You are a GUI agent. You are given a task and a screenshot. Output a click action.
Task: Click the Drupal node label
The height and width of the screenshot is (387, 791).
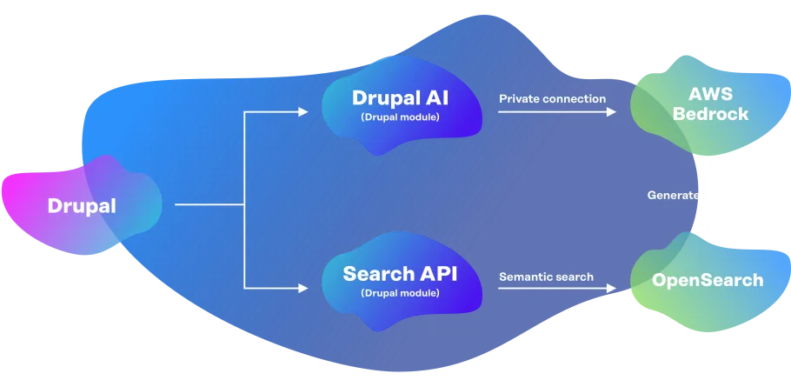tap(81, 206)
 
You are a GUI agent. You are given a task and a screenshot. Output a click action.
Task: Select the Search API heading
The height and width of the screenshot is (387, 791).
tap(400, 274)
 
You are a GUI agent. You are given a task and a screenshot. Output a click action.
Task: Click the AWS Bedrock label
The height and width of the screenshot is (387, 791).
tap(718, 104)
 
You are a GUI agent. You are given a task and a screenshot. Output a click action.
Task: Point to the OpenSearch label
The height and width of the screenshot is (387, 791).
tap(708, 280)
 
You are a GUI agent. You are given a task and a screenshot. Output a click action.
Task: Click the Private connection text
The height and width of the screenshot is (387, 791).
tap(552, 99)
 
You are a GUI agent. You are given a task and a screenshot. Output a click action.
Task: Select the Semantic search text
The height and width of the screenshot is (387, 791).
tap(546, 277)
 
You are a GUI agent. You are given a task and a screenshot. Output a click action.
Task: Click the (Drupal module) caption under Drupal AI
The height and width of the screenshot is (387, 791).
tap(401, 117)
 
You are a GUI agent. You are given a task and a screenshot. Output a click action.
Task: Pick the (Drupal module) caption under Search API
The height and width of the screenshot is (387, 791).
tap(400, 294)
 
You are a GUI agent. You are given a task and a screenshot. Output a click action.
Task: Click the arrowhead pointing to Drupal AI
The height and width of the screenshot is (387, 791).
tap(303, 112)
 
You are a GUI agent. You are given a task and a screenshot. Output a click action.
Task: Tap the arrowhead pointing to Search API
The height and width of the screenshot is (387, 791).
tap(303, 287)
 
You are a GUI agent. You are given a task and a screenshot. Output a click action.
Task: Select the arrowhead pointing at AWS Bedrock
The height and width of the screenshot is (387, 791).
tap(613, 112)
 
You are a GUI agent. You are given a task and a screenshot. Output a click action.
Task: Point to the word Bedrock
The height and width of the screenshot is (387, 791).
tap(718, 114)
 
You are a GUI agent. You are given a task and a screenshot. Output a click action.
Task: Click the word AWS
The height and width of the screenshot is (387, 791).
tap(718, 94)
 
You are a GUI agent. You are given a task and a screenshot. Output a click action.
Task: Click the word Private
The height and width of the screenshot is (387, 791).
tap(519, 99)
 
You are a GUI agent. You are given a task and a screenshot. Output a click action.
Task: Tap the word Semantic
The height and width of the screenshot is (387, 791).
tap(524, 277)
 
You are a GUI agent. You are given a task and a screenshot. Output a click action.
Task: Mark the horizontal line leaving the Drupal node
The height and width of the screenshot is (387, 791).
tap(209, 205)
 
